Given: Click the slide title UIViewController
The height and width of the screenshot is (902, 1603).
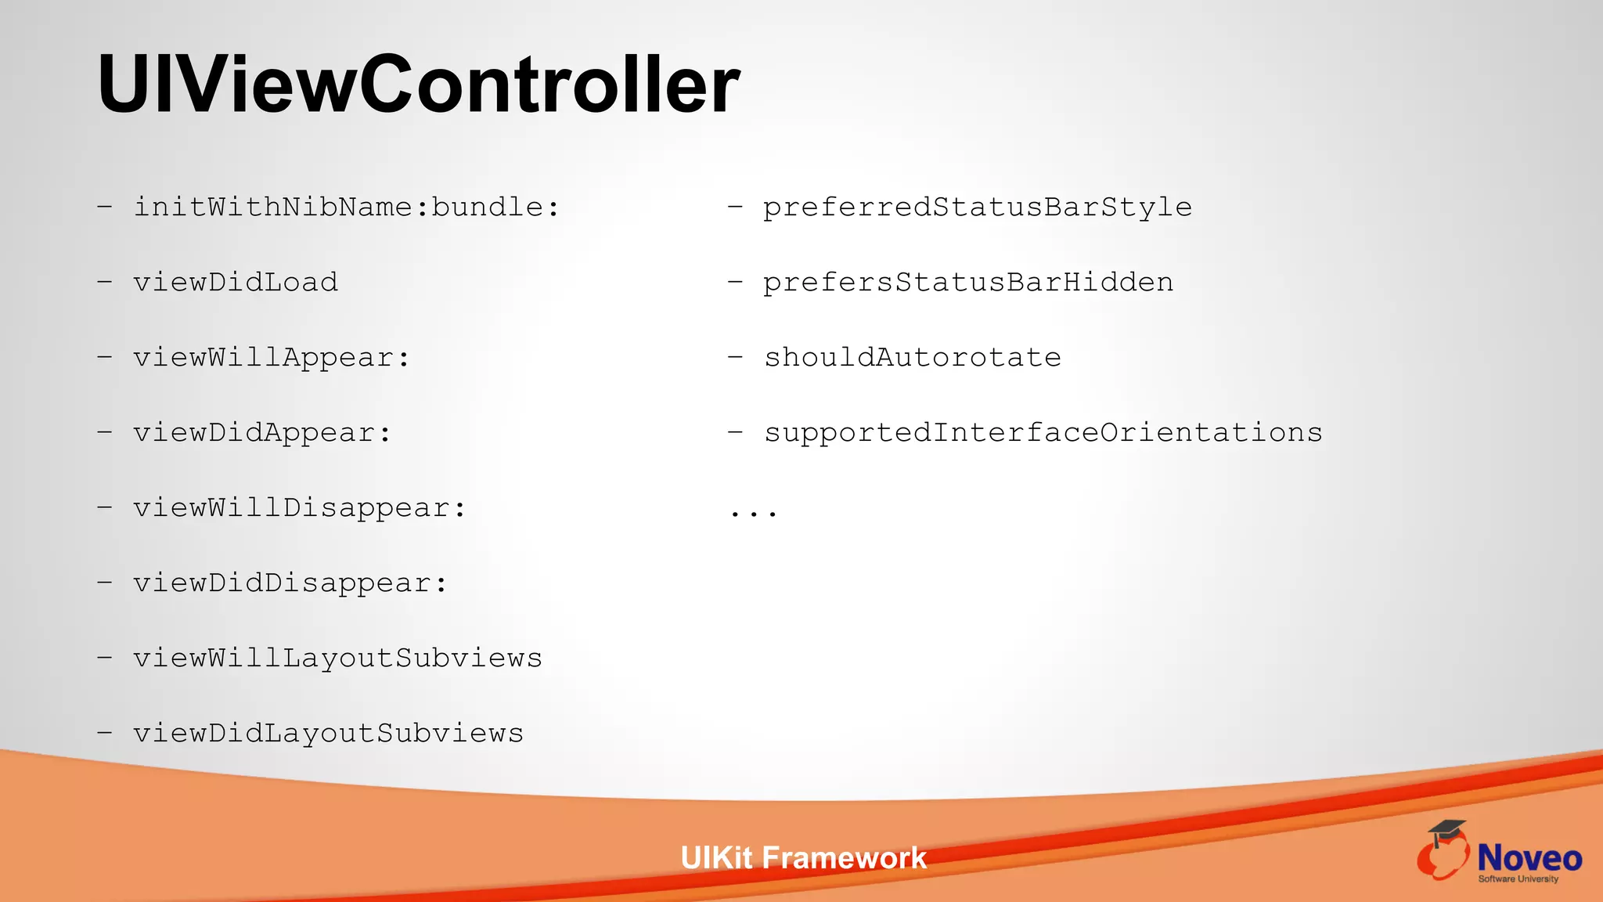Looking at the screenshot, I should (418, 85).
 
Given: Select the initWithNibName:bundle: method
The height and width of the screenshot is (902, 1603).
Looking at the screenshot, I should (347, 207).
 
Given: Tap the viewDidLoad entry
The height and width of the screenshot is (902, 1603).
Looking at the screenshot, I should (236, 283).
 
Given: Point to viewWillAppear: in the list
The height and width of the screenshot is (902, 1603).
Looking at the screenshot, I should (272, 358).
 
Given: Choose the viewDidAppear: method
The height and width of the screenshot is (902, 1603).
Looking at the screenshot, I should (262, 433).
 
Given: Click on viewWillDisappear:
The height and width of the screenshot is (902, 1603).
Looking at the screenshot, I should (300, 508).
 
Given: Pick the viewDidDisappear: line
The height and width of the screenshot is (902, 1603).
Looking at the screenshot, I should (290, 583).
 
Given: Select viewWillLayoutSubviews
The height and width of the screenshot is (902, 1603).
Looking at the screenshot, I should (337, 658).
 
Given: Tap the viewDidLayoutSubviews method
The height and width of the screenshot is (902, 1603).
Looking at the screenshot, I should (328, 734).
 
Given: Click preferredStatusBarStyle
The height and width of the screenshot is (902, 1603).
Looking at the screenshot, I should (978, 207).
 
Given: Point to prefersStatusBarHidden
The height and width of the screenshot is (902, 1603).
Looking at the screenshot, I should (968, 283).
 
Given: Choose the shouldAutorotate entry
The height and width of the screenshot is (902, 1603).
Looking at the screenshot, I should (913, 358).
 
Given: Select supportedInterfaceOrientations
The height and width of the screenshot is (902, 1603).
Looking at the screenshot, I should (1043, 433).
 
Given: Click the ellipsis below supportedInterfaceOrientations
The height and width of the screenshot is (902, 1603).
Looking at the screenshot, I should (753, 513).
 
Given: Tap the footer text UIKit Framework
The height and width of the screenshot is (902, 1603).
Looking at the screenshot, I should (803, 858).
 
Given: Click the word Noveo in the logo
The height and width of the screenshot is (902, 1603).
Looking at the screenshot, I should (1529, 858).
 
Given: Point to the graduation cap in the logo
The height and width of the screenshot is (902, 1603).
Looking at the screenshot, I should (1446, 830).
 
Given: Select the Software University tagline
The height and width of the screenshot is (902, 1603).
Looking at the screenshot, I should (1518, 879).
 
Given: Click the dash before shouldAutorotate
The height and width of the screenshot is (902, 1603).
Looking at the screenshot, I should (735, 358).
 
